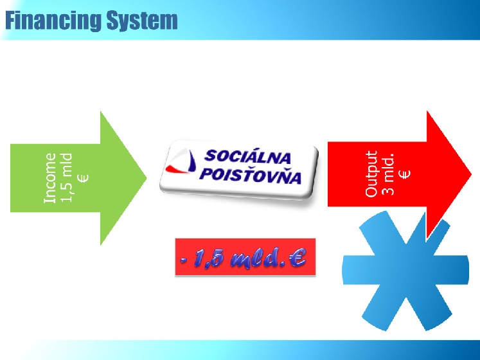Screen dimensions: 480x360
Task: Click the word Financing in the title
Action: (x=53, y=21)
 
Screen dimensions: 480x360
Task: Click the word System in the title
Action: (x=142, y=20)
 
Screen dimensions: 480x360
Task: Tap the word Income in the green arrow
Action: (x=50, y=178)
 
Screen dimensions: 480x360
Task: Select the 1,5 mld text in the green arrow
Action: (x=66, y=177)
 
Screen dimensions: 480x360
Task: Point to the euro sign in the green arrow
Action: (x=83, y=178)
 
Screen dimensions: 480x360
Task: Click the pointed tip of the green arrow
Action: (x=147, y=177)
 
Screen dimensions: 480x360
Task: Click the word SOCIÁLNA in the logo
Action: (x=247, y=157)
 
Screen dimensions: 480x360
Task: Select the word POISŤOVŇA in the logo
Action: (x=251, y=175)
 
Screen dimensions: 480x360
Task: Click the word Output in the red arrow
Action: (x=371, y=174)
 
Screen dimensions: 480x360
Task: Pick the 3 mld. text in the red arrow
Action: (x=388, y=174)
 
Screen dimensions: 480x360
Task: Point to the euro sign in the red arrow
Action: (x=405, y=174)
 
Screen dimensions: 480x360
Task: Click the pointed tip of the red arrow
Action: (x=471, y=174)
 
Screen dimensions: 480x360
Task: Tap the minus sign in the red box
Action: (x=184, y=261)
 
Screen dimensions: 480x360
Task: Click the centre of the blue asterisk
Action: (x=405, y=269)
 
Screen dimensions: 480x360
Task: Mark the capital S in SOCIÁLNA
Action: (x=210, y=156)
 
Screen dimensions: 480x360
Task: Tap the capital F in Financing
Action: (x=12, y=21)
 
